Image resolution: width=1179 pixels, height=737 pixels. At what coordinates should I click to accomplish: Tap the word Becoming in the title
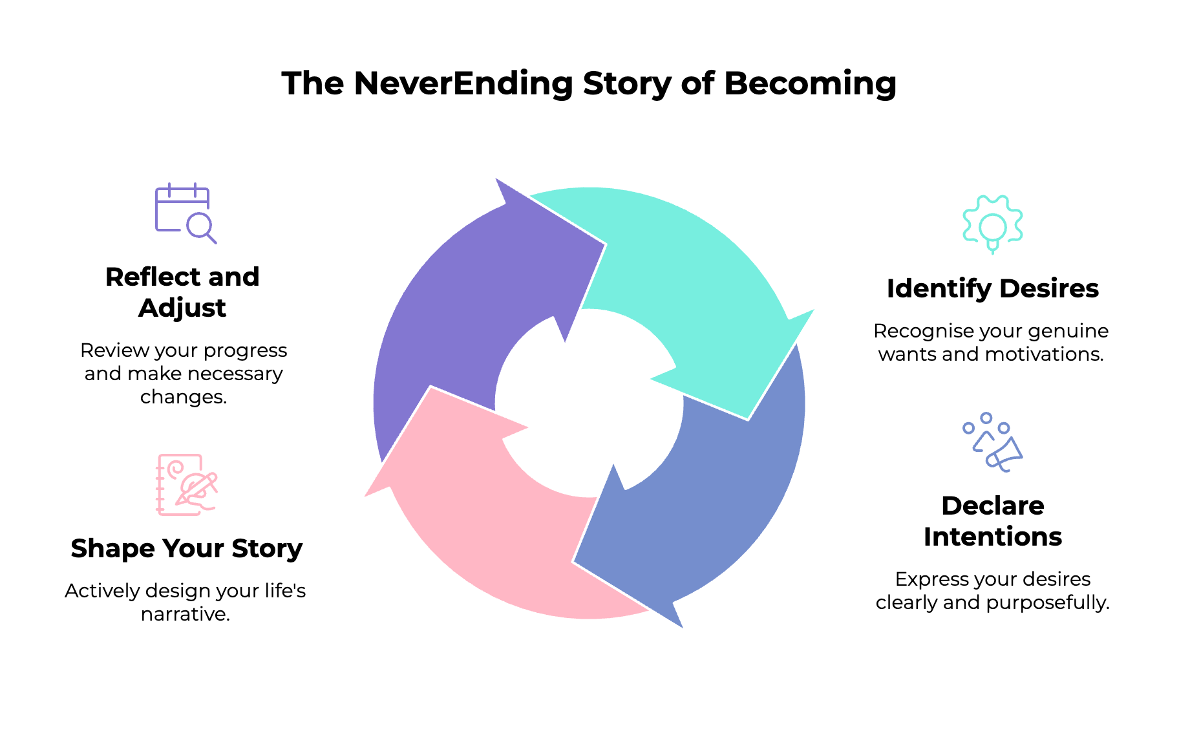click(809, 84)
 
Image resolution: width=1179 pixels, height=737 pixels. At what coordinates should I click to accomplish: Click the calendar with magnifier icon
click(185, 213)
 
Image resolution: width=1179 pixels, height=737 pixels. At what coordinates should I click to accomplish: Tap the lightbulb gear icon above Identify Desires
click(992, 224)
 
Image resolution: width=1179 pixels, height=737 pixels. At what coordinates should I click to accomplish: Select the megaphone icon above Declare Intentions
click(992, 442)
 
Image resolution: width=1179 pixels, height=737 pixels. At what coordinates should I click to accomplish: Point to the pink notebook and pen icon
click(186, 485)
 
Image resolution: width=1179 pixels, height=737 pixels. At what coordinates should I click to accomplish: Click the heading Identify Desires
click(992, 289)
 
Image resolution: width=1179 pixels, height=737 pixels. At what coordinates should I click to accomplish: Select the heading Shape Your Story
click(186, 549)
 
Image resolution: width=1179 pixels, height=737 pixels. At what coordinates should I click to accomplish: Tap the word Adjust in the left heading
click(182, 308)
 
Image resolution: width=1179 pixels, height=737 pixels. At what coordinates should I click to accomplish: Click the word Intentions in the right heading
click(992, 537)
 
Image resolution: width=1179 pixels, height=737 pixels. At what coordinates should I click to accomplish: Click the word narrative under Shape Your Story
click(185, 614)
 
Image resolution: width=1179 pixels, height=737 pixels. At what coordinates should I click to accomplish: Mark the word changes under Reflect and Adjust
click(183, 397)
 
